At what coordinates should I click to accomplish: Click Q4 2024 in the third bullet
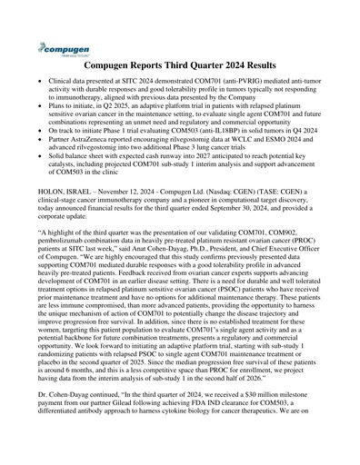click(x=302, y=131)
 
